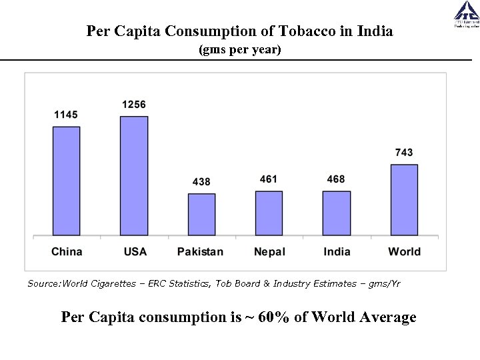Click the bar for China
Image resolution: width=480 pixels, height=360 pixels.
coord(67,181)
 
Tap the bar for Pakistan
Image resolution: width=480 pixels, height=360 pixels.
coord(201,214)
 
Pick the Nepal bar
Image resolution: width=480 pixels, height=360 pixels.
coord(269,213)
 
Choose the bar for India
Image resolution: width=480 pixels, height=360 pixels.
coord(337,213)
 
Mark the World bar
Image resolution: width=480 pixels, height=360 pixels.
coord(404,199)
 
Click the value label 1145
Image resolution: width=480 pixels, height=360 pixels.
coord(66,115)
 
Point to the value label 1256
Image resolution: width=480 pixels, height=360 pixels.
coord(133,105)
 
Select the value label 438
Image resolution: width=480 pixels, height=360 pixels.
coord(201,181)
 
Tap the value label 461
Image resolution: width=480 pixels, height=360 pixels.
coord(269,179)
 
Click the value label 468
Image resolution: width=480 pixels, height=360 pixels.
coord(336,179)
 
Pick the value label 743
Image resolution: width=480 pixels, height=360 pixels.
coord(403,153)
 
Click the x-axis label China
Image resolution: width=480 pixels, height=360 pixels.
coord(67,251)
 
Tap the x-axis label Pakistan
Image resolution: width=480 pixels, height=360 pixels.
coord(200,251)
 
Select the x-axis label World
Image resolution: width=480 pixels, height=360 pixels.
coord(404,251)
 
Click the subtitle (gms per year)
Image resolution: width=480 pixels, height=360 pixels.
coord(240,50)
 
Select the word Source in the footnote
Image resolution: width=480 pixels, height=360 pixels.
coord(43,284)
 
